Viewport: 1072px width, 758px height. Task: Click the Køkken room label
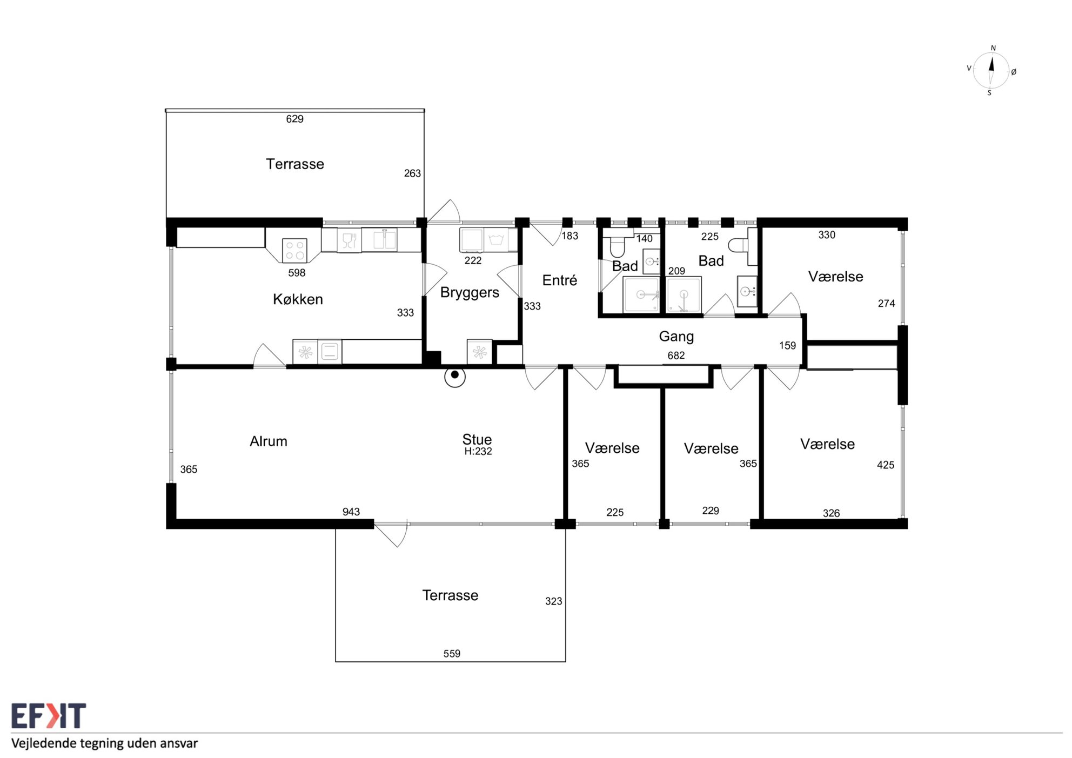[x=298, y=299]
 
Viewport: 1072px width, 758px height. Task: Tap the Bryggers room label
[x=470, y=293]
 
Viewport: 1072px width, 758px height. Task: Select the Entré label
[x=560, y=280]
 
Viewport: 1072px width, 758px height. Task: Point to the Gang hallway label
[x=676, y=337]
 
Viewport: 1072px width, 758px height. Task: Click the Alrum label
[x=269, y=441]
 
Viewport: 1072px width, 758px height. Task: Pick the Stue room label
[x=477, y=439]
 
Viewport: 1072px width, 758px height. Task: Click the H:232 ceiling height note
[x=478, y=451]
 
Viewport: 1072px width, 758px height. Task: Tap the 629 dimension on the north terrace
[x=295, y=119]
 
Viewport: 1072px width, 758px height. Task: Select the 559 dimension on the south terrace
[x=452, y=654]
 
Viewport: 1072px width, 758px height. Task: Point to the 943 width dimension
[x=351, y=512]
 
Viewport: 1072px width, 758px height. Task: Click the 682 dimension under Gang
[x=676, y=355]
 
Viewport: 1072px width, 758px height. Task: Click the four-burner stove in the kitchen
[x=294, y=250]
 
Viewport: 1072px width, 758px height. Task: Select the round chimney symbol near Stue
[x=455, y=377]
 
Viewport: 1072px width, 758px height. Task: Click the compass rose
[x=991, y=71]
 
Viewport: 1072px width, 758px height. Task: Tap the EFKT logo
[x=49, y=716]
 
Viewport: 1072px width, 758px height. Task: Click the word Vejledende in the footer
[x=44, y=743]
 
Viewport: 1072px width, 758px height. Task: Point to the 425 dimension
[x=886, y=465]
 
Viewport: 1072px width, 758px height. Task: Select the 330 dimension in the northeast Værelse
[x=827, y=235]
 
